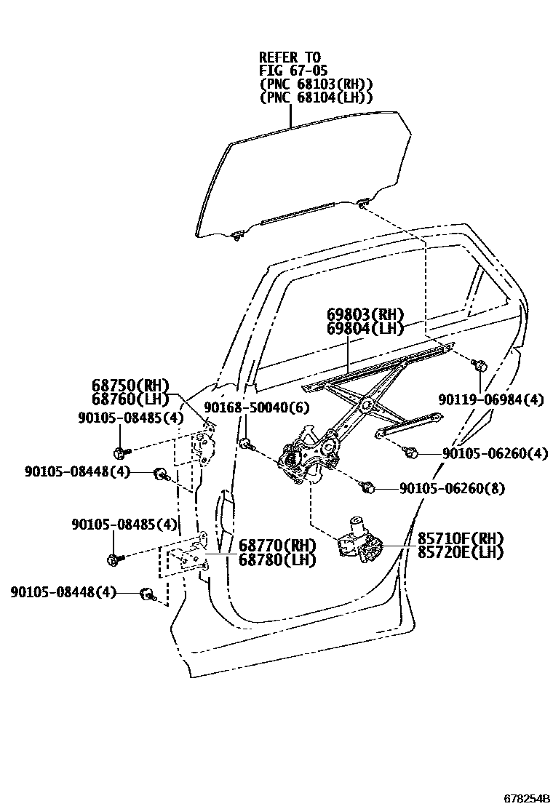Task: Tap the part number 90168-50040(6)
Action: [x=247, y=407]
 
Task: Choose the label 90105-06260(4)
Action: [x=495, y=453]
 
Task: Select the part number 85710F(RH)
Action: [x=460, y=538]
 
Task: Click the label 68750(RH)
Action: [x=130, y=386]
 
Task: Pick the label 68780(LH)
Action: [x=277, y=558]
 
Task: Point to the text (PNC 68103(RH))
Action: [x=317, y=84]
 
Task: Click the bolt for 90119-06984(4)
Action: [x=480, y=366]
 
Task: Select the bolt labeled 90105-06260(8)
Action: [x=368, y=487]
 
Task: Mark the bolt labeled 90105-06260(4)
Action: [x=410, y=453]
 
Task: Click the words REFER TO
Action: [x=290, y=57]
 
